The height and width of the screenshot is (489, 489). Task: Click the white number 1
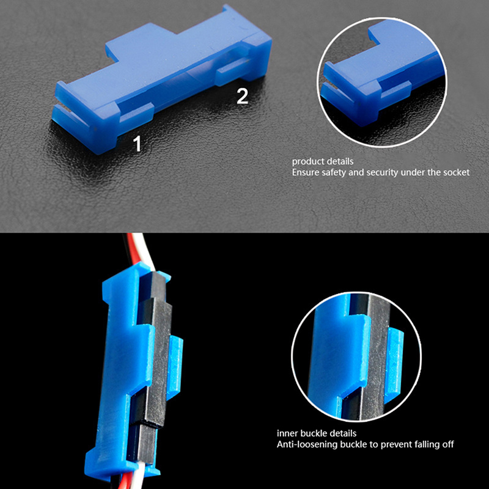tap(137, 144)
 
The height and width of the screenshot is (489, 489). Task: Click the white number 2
tap(242, 96)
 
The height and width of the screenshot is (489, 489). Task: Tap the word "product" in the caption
tap(307, 161)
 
